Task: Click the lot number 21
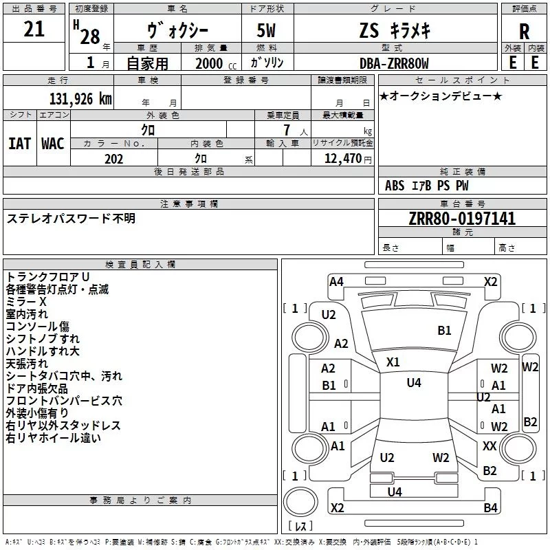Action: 34,30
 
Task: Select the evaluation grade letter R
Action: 524,32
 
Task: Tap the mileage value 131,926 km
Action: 80,99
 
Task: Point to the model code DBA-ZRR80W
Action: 394,63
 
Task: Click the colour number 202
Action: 114,159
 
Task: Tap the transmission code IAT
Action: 19,143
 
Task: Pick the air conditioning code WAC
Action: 52,143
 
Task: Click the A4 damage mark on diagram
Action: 336,281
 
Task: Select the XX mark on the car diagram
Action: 489,446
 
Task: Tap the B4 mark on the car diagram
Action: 490,508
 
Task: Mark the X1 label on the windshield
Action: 393,362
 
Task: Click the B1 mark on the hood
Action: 444,331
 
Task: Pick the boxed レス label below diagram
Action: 301,527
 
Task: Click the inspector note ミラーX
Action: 26,302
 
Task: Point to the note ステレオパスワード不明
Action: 71,219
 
